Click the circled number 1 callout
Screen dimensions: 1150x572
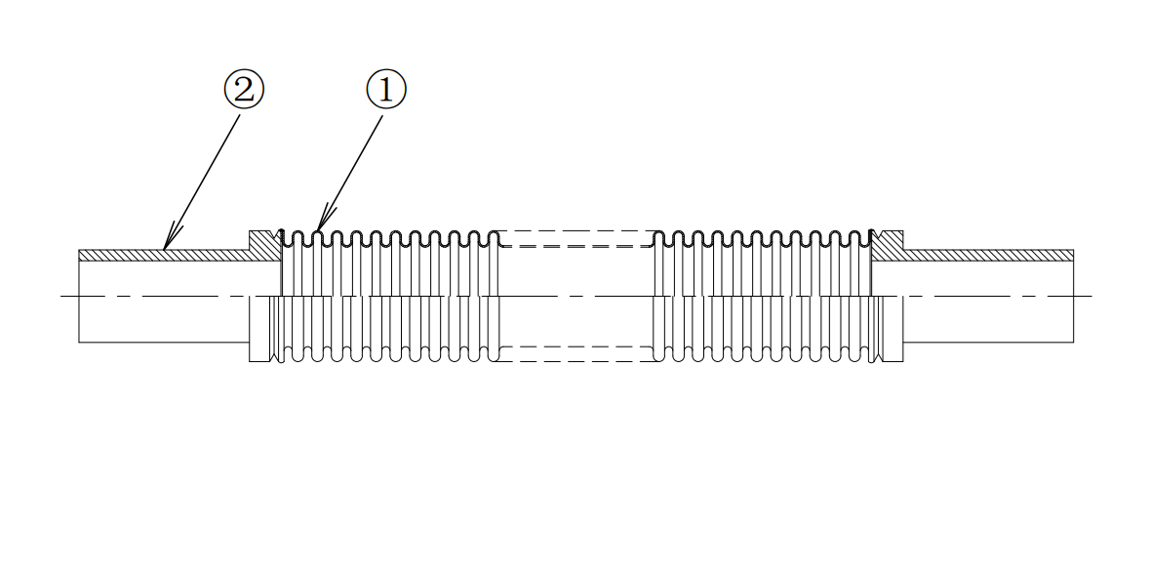click(x=386, y=90)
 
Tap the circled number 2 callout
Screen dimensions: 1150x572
click(x=244, y=90)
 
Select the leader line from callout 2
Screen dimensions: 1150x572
click(x=202, y=182)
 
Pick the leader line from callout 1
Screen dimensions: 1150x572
click(x=350, y=174)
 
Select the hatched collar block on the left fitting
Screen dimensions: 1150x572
click(x=264, y=245)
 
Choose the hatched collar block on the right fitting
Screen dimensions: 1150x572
click(x=887, y=245)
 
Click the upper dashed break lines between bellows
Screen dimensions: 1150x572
click(x=575, y=238)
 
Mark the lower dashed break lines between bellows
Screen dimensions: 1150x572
click(x=575, y=353)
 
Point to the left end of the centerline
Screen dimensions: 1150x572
click(x=60, y=296)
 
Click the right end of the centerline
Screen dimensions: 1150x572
click(x=1092, y=296)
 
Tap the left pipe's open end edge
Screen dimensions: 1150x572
click(x=78, y=296)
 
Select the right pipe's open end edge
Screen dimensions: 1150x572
click(x=1074, y=296)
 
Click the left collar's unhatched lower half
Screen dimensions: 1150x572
click(x=261, y=329)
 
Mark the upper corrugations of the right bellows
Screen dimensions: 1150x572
click(x=763, y=237)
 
